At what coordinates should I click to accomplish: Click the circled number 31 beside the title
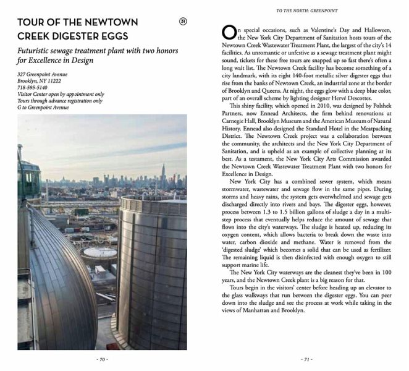[x=183, y=22]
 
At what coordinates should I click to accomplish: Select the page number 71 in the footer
[x=306, y=359]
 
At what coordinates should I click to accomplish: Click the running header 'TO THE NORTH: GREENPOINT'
[x=308, y=11]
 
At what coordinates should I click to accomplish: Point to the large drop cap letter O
[x=227, y=32]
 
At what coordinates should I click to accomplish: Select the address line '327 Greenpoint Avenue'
[x=42, y=75]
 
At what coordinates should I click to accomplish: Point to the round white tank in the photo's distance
[x=99, y=252]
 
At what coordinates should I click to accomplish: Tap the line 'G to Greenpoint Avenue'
[x=43, y=108]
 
